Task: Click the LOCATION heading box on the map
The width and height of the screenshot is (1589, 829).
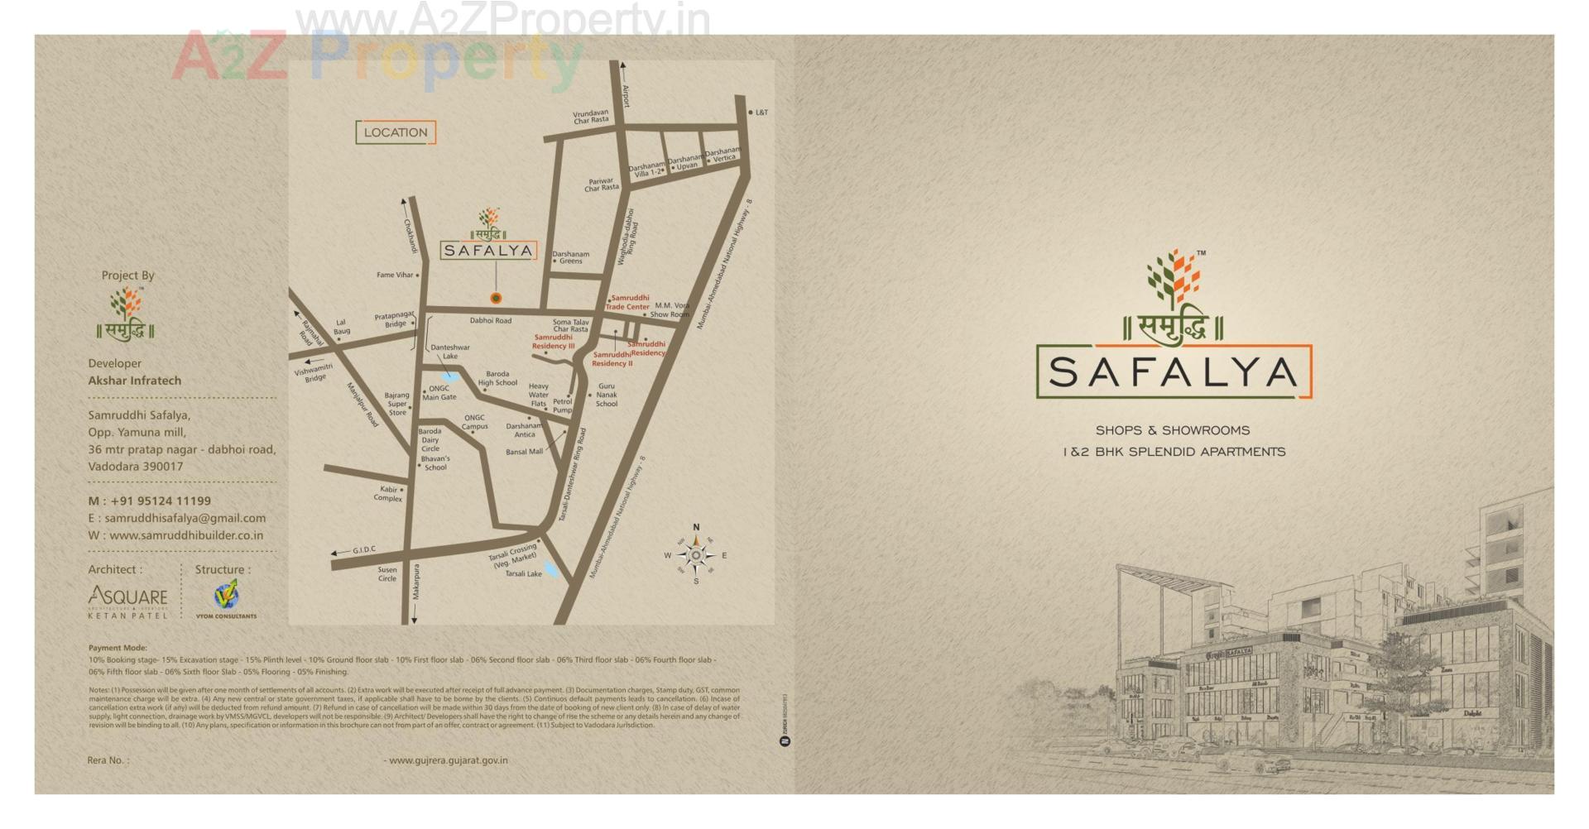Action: coord(396,132)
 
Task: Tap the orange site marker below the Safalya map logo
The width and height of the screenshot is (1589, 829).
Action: coord(496,298)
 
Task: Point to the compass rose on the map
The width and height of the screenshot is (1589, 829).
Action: coord(696,555)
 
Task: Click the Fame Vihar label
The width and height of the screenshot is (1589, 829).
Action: coord(395,276)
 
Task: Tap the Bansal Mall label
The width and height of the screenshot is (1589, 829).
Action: coord(524,452)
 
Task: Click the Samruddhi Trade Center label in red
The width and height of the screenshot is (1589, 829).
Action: coord(627,303)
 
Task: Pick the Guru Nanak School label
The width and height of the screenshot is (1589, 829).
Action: coord(607,395)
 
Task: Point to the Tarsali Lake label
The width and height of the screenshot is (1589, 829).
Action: coord(523,573)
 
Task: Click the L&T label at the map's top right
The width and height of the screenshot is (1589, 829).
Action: coord(761,113)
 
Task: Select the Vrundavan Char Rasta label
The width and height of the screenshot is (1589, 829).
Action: coord(591,117)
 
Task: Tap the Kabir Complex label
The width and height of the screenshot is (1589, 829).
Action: coord(388,494)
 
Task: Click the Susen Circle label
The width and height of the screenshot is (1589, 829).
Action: coord(387,573)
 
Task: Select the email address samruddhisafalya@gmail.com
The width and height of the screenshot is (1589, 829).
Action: coord(185,518)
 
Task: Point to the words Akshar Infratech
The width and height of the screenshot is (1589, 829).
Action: coord(135,381)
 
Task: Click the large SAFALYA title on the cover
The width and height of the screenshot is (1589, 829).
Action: coord(1173,372)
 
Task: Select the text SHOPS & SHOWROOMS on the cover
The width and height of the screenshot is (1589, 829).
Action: coord(1173,430)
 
